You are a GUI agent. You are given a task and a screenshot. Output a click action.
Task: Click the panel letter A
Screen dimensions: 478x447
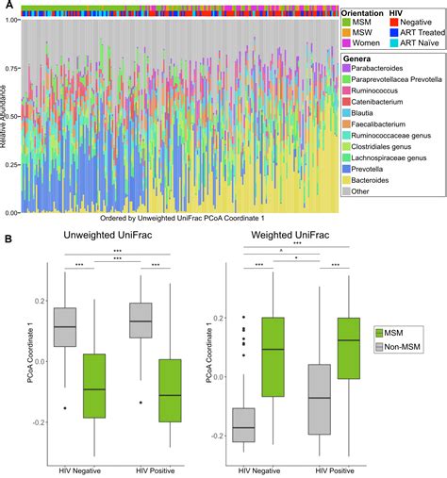(x=6, y=6)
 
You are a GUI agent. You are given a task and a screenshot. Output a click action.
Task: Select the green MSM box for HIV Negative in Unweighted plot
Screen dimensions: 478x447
(x=93, y=386)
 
